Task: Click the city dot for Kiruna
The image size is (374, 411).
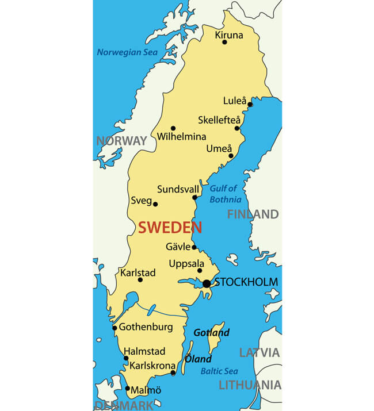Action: pyautogui.click(x=224, y=42)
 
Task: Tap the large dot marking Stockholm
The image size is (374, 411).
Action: pyautogui.click(x=207, y=283)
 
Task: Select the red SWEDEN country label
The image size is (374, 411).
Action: pyautogui.click(x=170, y=227)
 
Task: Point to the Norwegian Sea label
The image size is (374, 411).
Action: pyautogui.click(x=127, y=52)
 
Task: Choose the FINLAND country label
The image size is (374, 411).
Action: pyautogui.click(x=253, y=214)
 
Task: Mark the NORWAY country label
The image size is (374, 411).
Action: pyautogui.click(x=121, y=141)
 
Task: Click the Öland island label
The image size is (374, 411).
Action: pyautogui.click(x=198, y=359)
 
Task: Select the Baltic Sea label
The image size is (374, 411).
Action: pyautogui.click(x=219, y=371)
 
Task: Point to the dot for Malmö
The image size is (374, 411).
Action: pyautogui.click(x=128, y=389)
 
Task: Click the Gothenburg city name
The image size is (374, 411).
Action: pyautogui.click(x=146, y=327)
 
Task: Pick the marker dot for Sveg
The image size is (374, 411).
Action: pyautogui.click(x=155, y=204)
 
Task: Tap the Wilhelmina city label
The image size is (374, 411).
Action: pyautogui.click(x=181, y=137)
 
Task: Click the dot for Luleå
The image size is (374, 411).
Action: pyautogui.click(x=250, y=105)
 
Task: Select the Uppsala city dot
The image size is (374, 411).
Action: pyautogui.click(x=200, y=271)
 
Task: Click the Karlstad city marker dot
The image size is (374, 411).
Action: pyautogui.click(x=140, y=280)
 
